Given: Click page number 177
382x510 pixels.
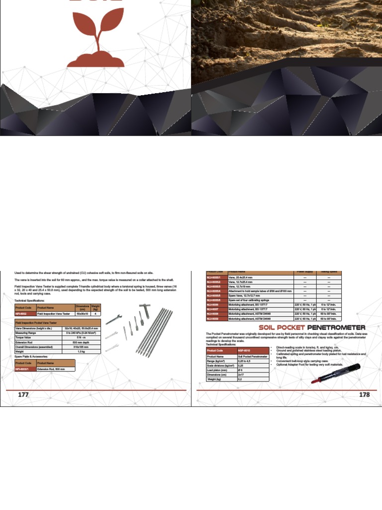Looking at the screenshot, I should click(x=23, y=394).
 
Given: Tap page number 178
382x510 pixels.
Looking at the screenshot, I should click(x=365, y=394).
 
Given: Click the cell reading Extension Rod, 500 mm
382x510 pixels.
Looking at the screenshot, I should click(x=56, y=369).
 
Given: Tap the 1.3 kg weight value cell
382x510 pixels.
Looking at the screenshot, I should click(x=82, y=351).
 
